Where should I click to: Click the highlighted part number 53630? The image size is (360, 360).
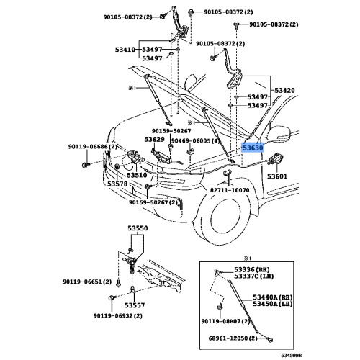click(253, 147)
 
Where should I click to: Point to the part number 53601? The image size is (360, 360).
click(277, 176)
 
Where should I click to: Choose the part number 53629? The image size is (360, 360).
click(154, 139)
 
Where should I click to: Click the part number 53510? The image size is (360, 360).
click(137, 175)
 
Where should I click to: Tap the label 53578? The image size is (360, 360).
click(118, 184)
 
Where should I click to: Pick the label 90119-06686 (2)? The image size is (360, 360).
click(92, 147)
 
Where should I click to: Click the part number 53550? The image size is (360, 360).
click(138, 228)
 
